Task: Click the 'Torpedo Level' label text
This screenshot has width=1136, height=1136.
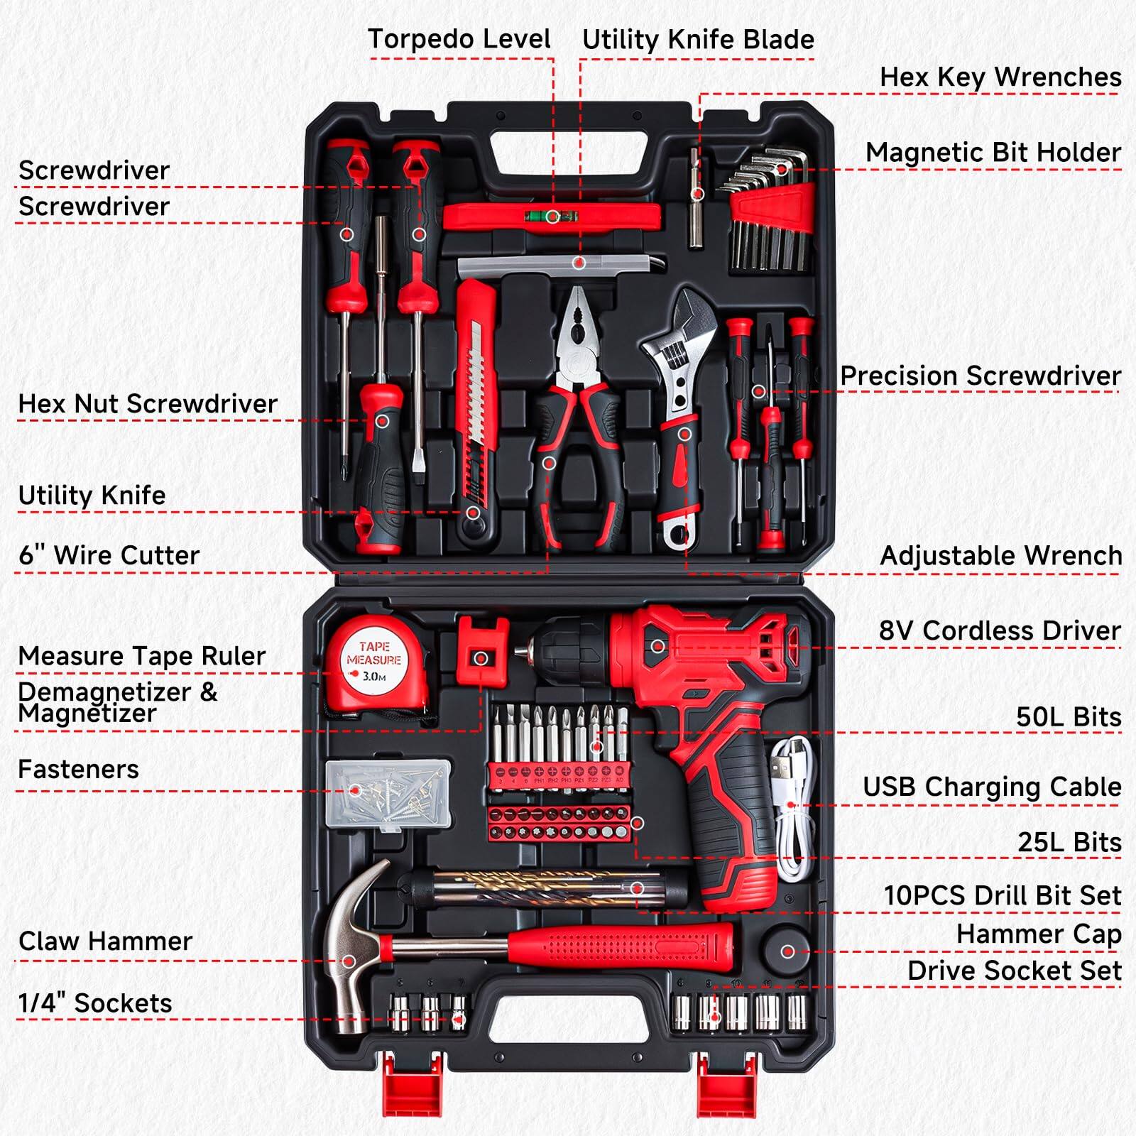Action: [x=459, y=39]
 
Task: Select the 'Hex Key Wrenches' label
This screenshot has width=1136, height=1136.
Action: [x=1000, y=77]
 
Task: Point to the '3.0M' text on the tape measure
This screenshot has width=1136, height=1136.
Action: [x=374, y=677]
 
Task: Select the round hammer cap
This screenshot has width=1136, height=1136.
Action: [x=787, y=950]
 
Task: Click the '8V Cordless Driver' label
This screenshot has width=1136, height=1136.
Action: [x=1000, y=630]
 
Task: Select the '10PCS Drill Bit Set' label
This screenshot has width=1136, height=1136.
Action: [x=1002, y=895]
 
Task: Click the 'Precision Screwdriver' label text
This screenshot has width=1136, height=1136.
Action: [x=980, y=376]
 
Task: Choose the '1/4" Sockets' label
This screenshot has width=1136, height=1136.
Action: [x=95, y=1003]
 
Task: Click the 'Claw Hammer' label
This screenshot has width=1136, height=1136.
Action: [x=105, y=941]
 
